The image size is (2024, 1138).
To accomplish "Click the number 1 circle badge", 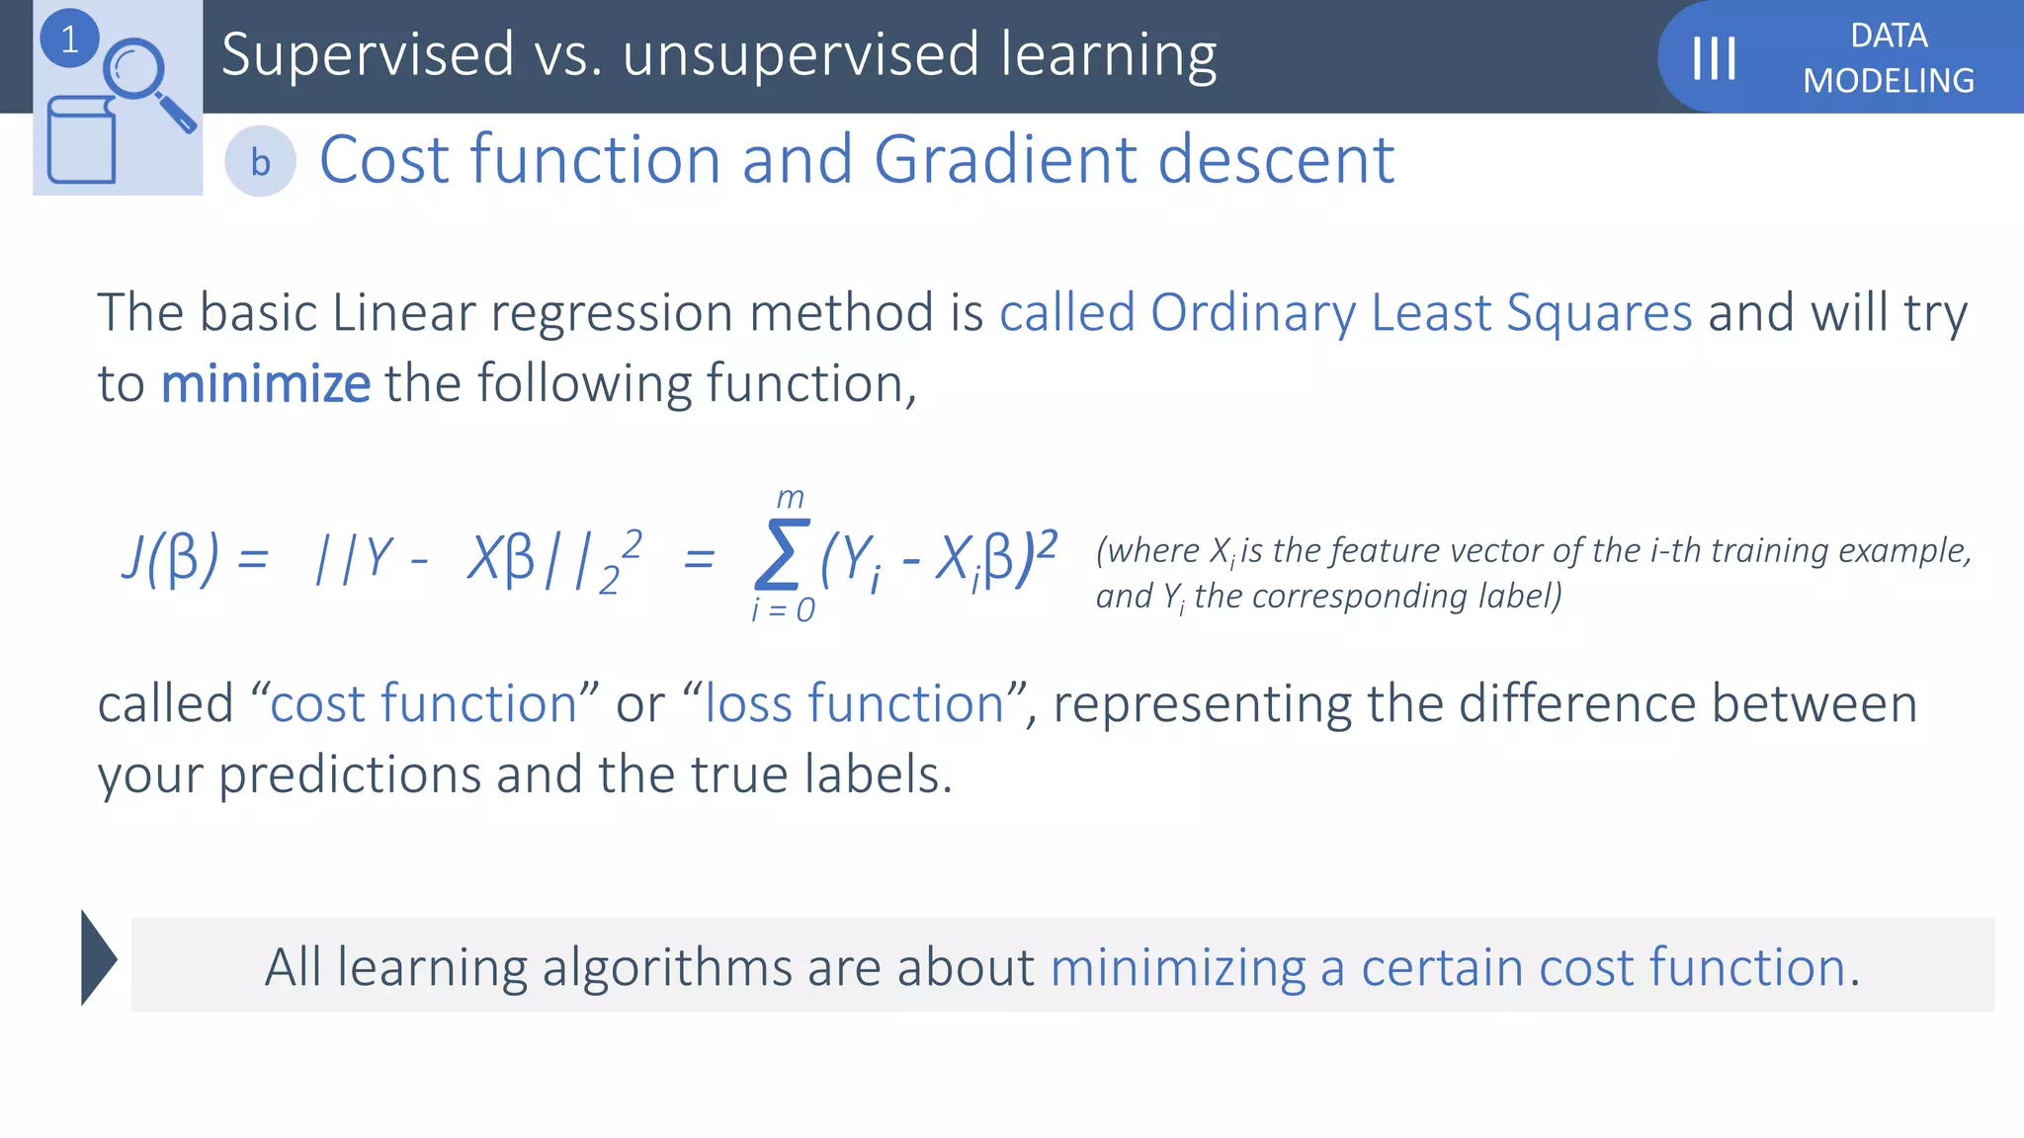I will point(69,40).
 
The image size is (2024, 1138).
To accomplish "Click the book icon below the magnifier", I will point(81,140).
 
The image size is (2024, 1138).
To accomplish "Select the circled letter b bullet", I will point(260,162).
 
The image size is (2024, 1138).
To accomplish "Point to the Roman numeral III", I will point(1714,58).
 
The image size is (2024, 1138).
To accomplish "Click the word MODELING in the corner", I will point(1888,81).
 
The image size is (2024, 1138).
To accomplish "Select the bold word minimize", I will point(265,384).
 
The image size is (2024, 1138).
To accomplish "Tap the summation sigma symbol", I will point(781,555).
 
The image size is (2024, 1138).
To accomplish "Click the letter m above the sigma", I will point(790,497).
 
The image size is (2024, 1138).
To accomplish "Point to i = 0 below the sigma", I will point(783,610).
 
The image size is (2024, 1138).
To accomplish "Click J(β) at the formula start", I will point(170,558).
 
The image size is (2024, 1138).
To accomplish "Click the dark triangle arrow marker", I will point(98,957).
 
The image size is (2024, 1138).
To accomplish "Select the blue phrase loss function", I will point(854,704).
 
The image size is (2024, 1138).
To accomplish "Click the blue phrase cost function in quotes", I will point(423,704).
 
